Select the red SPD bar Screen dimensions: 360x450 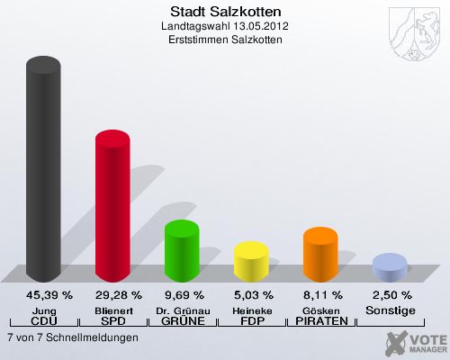(112, 207)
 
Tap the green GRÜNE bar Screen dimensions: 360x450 (182, 249)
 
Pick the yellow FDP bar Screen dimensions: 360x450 (251, 261)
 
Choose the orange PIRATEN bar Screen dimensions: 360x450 (320, 254)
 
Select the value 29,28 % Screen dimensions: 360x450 (113, 294)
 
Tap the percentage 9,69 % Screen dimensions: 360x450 (183, 294)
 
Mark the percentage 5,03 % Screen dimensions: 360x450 (252, 294)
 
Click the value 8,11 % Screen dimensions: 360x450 (321, 294)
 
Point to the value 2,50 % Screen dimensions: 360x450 (391, 294)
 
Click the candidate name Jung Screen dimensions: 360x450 (44, 310)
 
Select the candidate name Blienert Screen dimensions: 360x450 (113, 310)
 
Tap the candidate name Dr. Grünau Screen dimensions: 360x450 (183, 310)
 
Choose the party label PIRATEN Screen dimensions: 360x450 (321, 321)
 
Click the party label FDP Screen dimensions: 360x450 (252, 321)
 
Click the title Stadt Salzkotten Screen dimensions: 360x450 (225, 12)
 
